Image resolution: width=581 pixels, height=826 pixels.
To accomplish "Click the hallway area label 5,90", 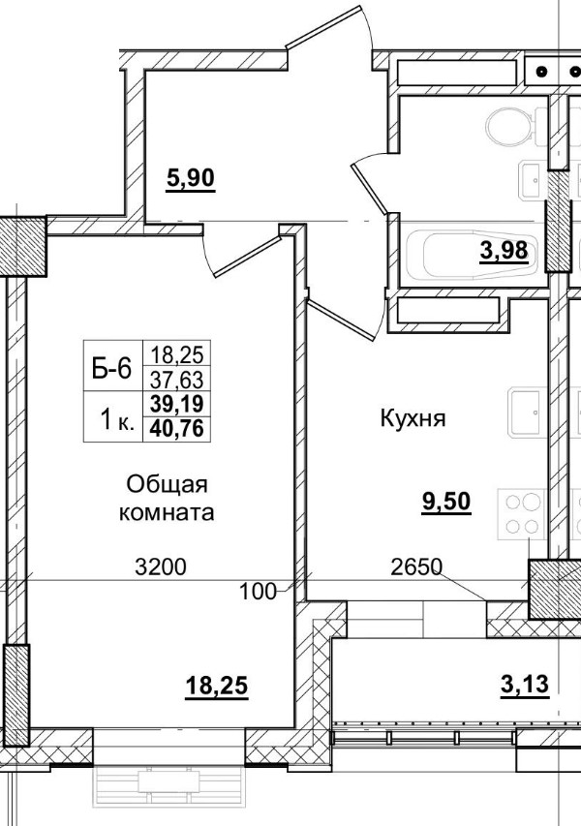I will click(x=190, y=179).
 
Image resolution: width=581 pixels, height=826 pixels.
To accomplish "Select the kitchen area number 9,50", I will click(x=445, y=503).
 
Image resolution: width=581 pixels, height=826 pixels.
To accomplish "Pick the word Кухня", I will click(x=412, y=419).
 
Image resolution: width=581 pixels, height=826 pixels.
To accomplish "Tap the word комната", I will click(x=167, y=512).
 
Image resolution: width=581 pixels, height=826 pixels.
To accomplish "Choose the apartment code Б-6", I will click(x=110, y=367).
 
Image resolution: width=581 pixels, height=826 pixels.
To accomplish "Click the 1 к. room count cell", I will click(x=113, y=419).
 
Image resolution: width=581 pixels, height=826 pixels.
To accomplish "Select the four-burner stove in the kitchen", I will click(x=522, y=514).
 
